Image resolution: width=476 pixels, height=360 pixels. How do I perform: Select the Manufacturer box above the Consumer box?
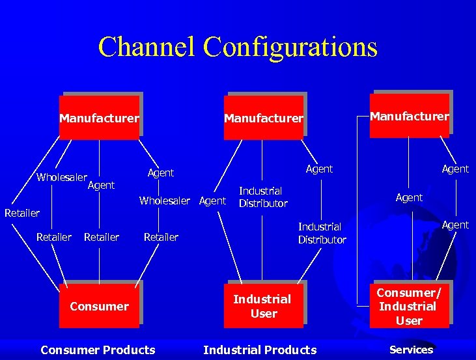(99, 118)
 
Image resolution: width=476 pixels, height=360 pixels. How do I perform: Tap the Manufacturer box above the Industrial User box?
(264, 118)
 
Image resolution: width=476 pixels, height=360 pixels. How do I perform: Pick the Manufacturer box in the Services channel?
(410, 116)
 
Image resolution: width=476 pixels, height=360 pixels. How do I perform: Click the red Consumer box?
(99, 306)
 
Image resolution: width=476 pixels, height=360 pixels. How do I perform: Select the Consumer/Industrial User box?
(409, 306)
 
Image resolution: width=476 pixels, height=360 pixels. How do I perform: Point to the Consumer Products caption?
(98, 350)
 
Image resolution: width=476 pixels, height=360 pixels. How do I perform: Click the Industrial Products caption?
(260, 350)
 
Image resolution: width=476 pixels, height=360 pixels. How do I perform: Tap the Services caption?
(411, 350)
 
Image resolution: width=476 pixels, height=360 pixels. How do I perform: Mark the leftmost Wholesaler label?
(62, 177)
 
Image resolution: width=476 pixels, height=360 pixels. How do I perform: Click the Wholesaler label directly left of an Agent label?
(165, 201)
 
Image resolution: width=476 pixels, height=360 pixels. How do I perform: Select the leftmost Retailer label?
(22, 213)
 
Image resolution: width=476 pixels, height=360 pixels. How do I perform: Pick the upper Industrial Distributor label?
(263, 197)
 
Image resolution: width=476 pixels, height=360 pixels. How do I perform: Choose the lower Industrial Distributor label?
(322, 233)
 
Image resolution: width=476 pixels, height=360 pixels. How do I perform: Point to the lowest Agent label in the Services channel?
(455, 225)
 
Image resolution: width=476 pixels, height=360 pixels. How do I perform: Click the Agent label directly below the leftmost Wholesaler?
(101, 186)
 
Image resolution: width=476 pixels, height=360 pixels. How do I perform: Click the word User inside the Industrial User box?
(264, 314)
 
